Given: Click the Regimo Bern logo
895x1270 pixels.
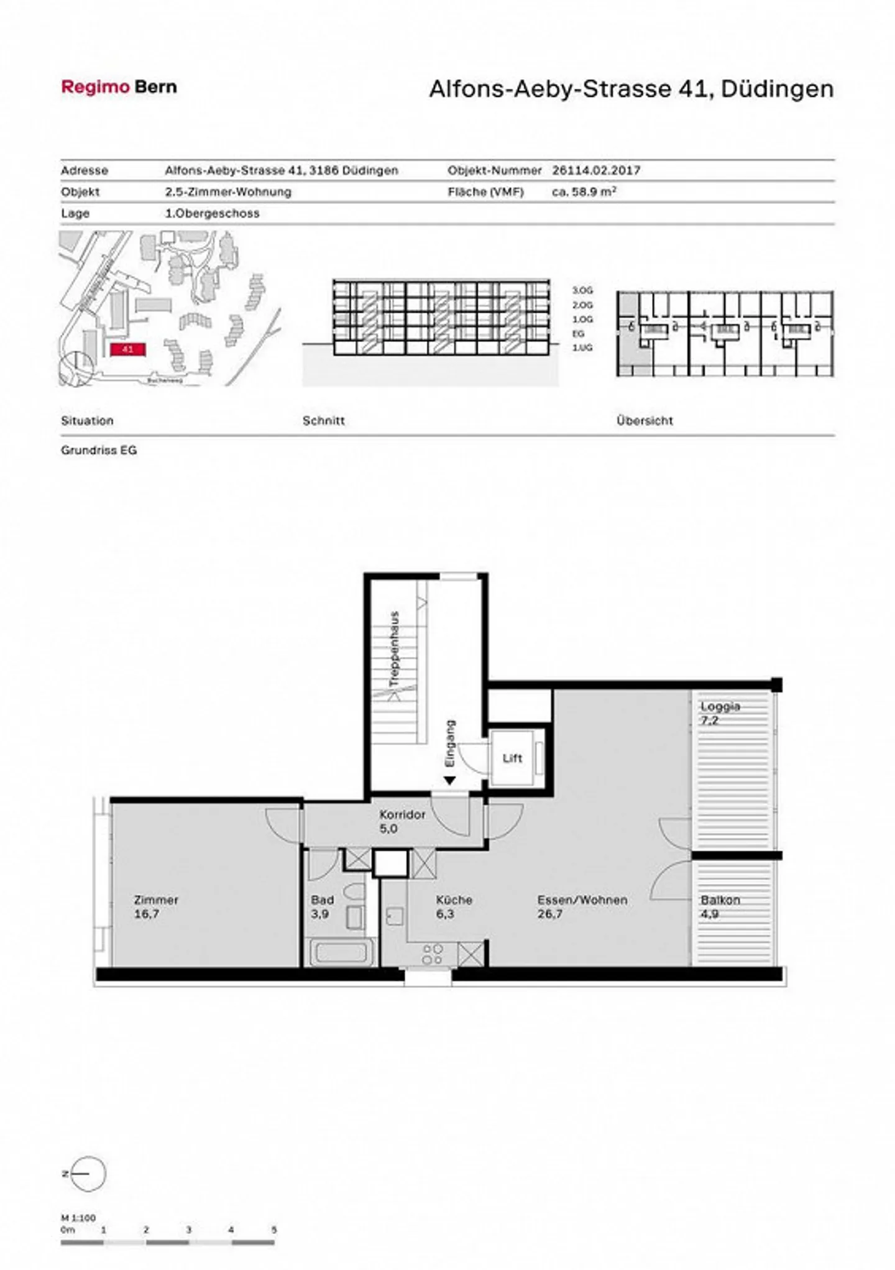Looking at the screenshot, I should [x=119, y=87].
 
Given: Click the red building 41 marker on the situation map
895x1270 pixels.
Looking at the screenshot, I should [x=127, y=349].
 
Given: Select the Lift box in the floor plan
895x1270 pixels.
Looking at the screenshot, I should [x=512, y=758].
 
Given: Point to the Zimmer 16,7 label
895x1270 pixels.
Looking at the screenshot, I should [x=156, y=906].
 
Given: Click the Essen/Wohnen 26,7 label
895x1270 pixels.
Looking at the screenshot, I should [x=582, y=906].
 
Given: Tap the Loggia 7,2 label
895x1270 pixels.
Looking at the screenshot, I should [x=720, y=713].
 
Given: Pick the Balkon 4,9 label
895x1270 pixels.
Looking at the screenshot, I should [x=720, y=906].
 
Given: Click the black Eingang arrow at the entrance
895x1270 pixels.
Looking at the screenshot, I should [x=450, y=780].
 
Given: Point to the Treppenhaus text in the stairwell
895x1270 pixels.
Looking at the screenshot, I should [x=394, y=649].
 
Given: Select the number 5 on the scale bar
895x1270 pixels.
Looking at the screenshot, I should [x=273, y=1230].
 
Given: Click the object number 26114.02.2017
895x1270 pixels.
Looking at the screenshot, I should [x=596, y=170].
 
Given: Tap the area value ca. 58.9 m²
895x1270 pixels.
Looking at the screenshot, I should [x=584, y=192].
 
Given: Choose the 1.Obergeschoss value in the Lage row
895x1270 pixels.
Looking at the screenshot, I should [x=212, y=213].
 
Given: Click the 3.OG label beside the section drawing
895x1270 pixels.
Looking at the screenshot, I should [x=582, y=290].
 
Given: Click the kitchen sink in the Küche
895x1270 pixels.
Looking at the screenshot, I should [x=394, y=916].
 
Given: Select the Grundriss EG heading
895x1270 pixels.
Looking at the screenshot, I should [x=99, y=450].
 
